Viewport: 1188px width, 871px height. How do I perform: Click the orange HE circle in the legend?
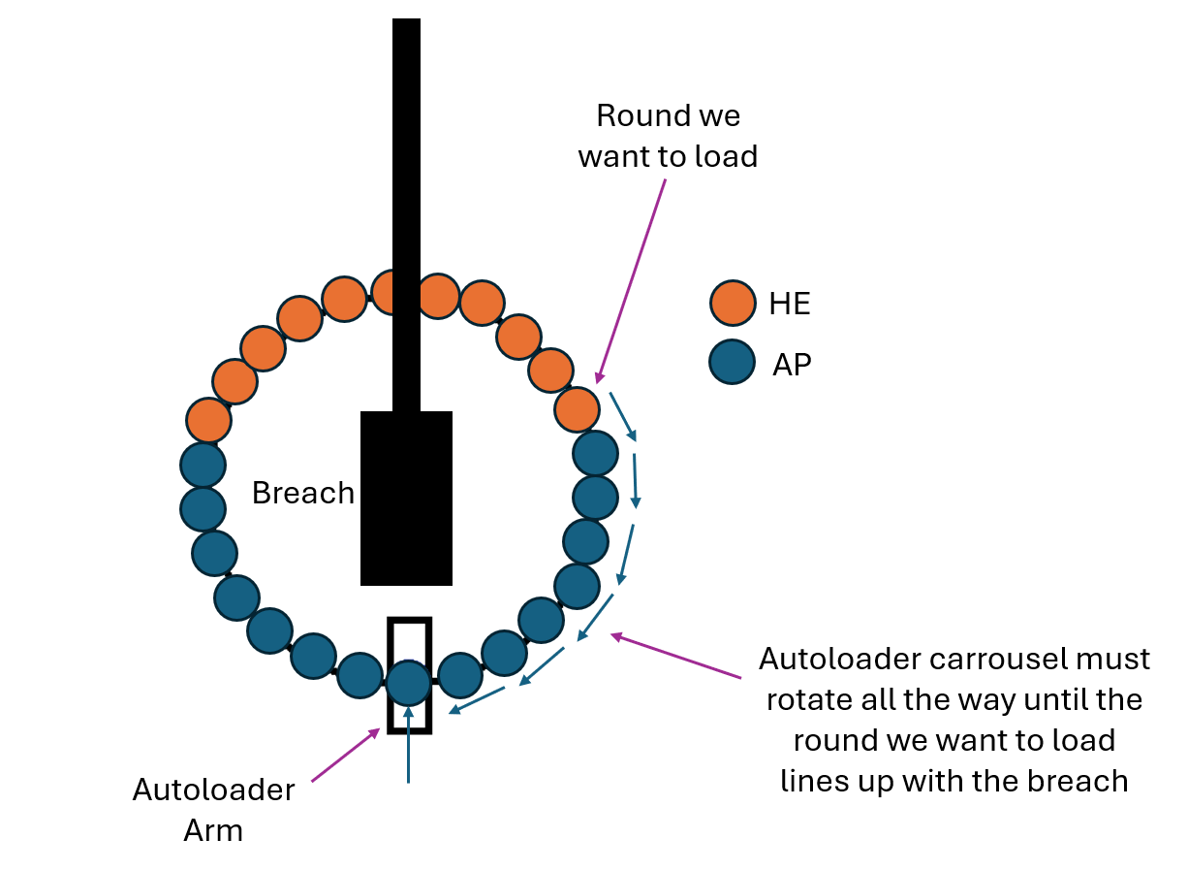(733, 303)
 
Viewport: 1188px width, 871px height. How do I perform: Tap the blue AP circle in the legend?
(733, 362)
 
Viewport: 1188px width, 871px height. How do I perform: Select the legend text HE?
(789, 304)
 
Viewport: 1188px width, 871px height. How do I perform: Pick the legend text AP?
(792, 365)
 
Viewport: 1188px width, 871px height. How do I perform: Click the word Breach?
(303, 493)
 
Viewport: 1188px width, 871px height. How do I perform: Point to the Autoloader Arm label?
(213, 810)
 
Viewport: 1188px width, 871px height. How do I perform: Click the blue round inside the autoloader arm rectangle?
(408, 682)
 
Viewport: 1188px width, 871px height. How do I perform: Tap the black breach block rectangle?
(406, 498)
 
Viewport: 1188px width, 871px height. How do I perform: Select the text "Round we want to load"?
(668, 136)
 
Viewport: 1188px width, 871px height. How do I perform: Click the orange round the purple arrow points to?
(577, 408)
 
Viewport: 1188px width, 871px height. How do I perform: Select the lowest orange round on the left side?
(208, 420)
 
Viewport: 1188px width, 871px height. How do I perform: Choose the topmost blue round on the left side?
(203, 465)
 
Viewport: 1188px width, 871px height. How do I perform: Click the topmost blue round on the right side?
(595, 453)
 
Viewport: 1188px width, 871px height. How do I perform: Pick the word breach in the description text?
(1082, 780)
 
